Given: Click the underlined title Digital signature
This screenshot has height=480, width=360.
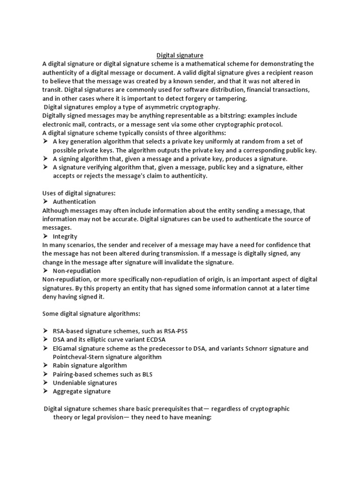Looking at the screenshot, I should (180, 55).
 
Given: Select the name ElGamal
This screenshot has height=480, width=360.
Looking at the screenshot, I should (65, 348).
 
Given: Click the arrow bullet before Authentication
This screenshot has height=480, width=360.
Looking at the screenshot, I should (45, 202).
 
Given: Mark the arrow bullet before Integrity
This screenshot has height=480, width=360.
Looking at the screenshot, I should (45, 236).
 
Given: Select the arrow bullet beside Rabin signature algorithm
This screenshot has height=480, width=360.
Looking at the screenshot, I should (45, 366).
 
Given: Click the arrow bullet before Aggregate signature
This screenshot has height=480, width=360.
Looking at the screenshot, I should (45, 391).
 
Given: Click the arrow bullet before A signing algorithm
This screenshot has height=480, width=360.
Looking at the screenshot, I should (45, 159).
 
